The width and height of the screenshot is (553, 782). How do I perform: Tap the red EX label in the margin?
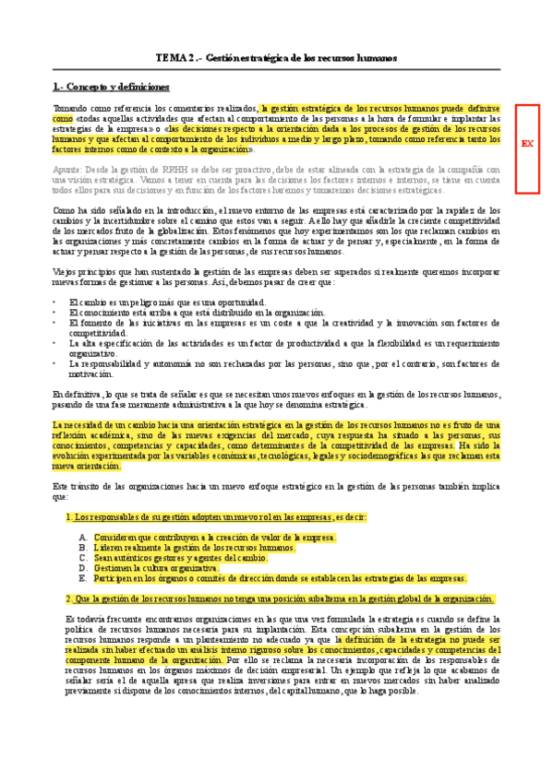coord(527,144)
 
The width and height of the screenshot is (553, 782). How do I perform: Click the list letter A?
coord(83,538)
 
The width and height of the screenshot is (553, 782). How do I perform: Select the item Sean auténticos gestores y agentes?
coord(180,558)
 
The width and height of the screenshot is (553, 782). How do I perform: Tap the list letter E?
coord(83,578)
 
